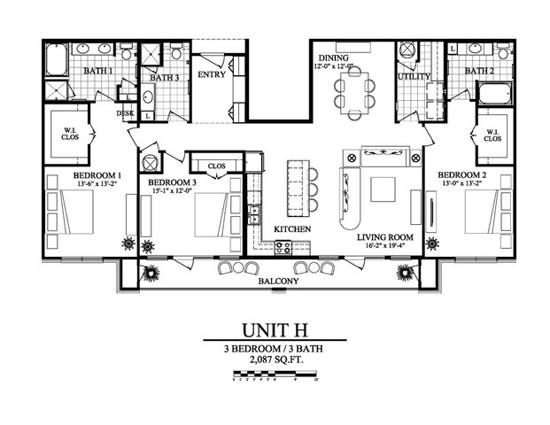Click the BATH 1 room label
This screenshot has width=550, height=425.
pos(98,70)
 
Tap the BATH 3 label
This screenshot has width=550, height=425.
pos(164,77)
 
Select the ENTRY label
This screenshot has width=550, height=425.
pos(213,74)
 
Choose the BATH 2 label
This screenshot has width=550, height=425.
pos(479,71)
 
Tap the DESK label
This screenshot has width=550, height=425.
pos(125,112)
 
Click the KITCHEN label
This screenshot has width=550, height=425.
pos(291,228)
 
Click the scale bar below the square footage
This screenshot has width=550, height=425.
pos(274,378)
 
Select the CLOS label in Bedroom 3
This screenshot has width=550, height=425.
pos(215,166)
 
